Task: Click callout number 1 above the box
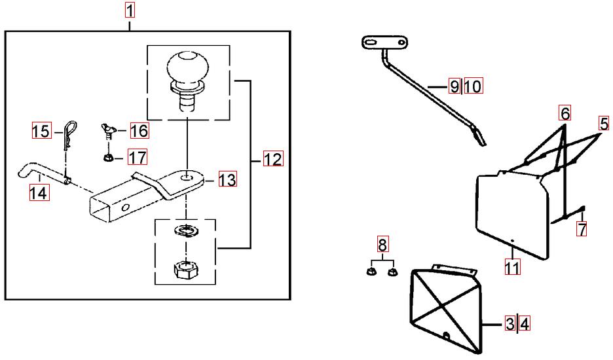(x=130, y=10)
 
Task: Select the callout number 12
(x=273, y=159)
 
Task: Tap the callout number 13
(x=227, y=179)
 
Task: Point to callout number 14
(x=39, y=192)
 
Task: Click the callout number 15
(x=41, y=131)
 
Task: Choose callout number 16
(x=139, y=131)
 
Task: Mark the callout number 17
(x=137, y=157)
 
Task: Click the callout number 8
(x=382, y=245)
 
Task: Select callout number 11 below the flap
(x=512, y=267)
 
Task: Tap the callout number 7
(x=581, y=228)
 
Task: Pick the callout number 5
(x=603, y=123)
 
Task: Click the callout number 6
(x=565, y=113)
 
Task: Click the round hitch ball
(x=187, y=69)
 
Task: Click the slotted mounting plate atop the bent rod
(x=382, y=43)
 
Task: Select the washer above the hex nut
(x=187, y=231)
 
